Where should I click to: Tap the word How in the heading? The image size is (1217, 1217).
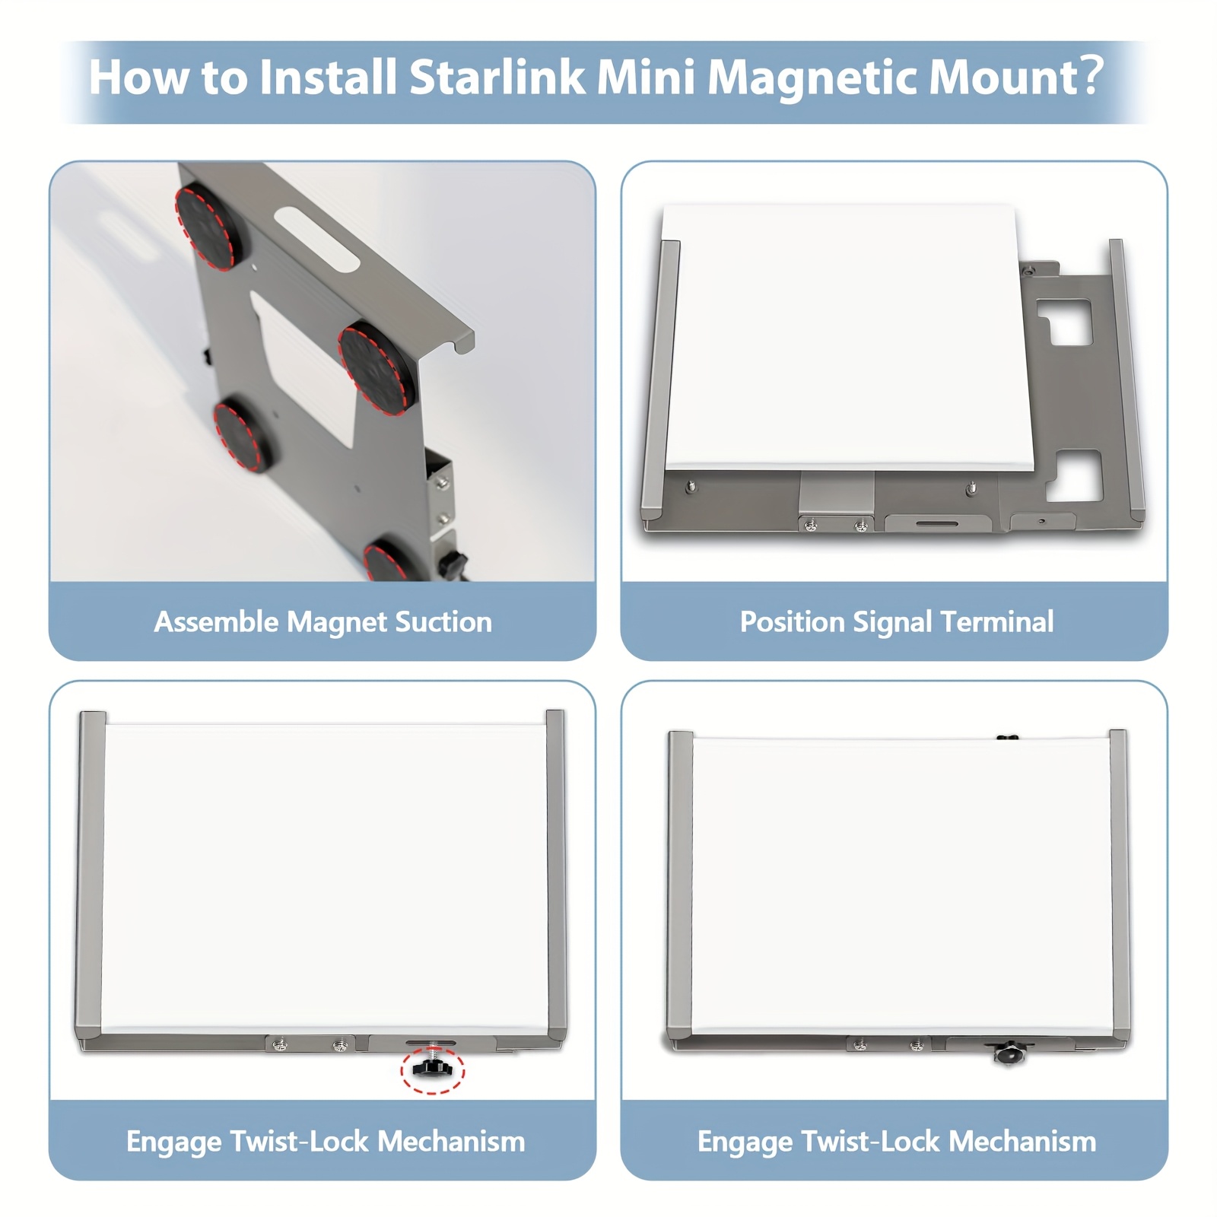[139, 78]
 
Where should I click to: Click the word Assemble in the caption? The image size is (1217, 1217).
[217, 622]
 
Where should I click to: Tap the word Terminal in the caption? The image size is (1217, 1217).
[997, 622]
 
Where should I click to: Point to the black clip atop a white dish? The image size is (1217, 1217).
[1007, 737]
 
